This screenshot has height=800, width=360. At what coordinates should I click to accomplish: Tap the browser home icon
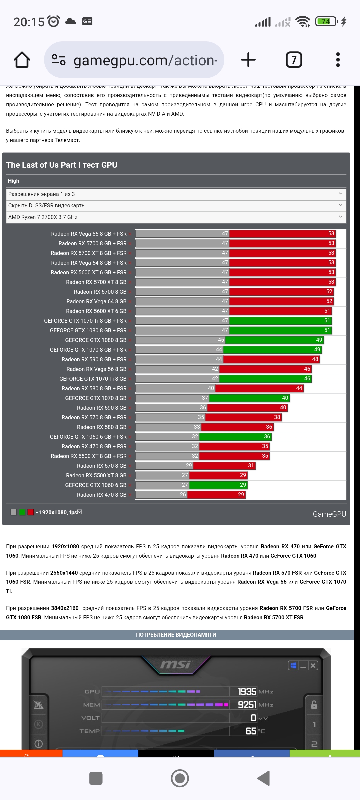(x=22, y=60)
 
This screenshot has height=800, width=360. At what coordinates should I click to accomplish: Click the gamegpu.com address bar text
(x=145, y=60)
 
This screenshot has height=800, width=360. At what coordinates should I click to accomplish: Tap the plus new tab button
(x=248, y=60)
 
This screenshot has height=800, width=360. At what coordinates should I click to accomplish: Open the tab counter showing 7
(x=294, y=60)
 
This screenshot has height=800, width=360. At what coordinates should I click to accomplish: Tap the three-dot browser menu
(x=338, y=60)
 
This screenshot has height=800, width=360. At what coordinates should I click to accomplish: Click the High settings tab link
(x=14, y=181)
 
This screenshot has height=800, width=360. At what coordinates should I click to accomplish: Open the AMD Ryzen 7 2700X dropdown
(x=176, y=217)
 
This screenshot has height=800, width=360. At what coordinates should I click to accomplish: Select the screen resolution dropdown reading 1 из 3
(x=176, y=194)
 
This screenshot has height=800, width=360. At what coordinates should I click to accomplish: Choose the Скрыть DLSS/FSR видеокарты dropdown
(x=176, y=206)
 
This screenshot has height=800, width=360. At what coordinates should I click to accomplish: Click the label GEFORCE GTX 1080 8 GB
(x=96, y=340)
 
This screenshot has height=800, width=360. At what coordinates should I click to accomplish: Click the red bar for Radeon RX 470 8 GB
(x=216, y=495)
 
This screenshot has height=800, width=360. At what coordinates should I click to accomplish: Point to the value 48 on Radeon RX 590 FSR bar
(x=315, y=359)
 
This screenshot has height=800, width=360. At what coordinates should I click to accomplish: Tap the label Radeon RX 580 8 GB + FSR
(x=94, y=388)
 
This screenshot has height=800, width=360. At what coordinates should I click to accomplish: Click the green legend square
(x=22, y=512)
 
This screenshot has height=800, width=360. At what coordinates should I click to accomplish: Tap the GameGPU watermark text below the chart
(x=329, y=514)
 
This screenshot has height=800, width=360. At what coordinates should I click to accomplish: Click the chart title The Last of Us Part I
(x=62, y=165)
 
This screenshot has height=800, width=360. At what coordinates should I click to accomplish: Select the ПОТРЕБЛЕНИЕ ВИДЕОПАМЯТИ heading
(x=176, y=635)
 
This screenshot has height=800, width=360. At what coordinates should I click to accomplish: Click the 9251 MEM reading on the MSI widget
(x=247, y=705)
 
